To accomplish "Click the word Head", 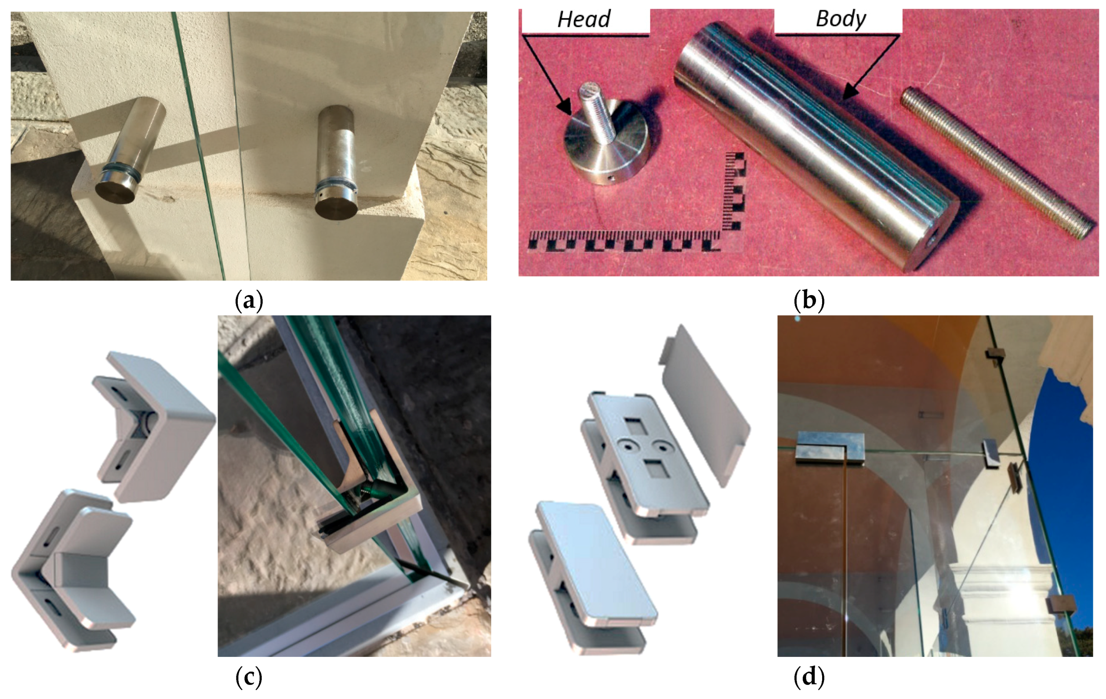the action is [x=584, y=19].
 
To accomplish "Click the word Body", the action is [x=841, y=19].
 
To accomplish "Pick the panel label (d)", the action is [x=809, y=677].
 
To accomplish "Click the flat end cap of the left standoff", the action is [x=114, y=191].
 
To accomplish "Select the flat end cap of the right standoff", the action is [x=336, y=209].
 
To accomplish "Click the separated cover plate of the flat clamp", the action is [x=705, y=405].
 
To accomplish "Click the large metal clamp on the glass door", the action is [x=830, y=448].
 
